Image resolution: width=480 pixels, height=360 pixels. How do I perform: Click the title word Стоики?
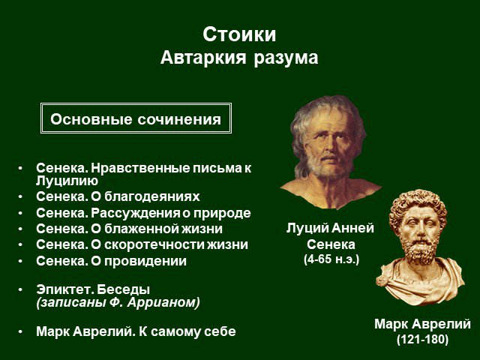(239, 34)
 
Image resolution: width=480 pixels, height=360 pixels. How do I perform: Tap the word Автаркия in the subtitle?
(203, 58)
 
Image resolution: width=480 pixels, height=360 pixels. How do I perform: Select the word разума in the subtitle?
(286, 58)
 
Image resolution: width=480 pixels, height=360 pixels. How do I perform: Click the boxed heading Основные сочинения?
(136, 118)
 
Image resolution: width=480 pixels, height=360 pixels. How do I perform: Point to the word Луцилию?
(67, 181)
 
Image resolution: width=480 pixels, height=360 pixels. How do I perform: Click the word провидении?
(145, 261)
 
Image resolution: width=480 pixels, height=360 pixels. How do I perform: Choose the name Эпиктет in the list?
(63, 289)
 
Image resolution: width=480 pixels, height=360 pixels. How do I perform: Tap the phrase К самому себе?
(187, 331)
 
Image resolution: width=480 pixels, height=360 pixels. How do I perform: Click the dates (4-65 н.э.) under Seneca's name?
(331, 259)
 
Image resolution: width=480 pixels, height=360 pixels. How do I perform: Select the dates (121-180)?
(422, 340)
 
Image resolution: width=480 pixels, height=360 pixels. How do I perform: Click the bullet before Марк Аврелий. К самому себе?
(20, 331)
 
